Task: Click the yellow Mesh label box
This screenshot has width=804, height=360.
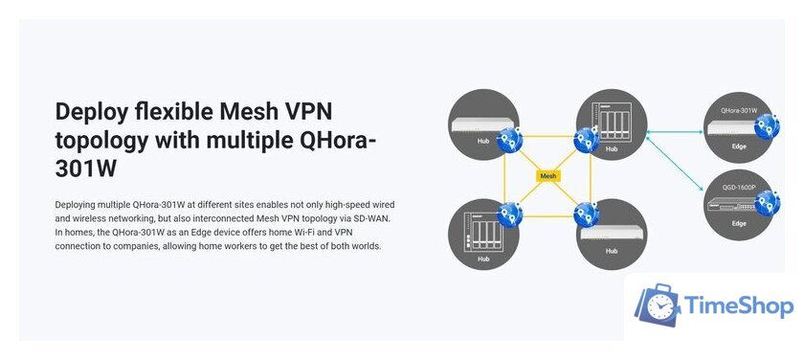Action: coord(548,176)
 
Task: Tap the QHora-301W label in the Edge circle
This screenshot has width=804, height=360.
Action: coord(739,111)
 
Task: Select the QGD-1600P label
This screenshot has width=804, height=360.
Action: coord(739,187)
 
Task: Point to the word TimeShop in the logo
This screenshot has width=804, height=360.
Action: coord(739,306)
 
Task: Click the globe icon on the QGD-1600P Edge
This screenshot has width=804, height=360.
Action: coord(766,203)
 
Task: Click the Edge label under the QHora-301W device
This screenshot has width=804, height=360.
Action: coord(739,147)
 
